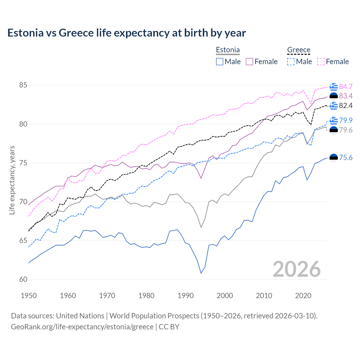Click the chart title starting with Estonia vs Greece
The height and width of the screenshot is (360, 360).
coord(127,33)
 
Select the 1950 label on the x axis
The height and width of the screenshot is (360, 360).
coord(29,296)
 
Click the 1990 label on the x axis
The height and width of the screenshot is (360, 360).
coord(186,296)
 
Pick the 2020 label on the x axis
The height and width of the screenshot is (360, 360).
coord(303,296)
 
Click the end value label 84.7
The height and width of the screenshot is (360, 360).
coord(346,87)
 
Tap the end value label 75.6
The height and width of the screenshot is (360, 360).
coord(346,158)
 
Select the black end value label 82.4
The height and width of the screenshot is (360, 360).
coord(346,105)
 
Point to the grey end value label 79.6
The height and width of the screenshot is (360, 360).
coord(346,130)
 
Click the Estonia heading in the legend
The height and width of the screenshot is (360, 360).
coord(228,50)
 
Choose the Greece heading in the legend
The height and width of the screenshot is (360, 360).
coord(299,50)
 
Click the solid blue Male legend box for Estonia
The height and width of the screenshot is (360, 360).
coord(220,62)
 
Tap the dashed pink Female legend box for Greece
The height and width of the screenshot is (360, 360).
coord(321,62)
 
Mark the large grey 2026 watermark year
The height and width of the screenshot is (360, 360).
coord(297,269)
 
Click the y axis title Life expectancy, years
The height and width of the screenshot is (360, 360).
coord(12,180)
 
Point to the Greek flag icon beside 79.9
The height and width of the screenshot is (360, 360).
coord(334,121)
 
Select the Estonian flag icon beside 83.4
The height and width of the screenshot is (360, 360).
coord(334,96)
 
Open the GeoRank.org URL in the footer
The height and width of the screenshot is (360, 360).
coord(82,327)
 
